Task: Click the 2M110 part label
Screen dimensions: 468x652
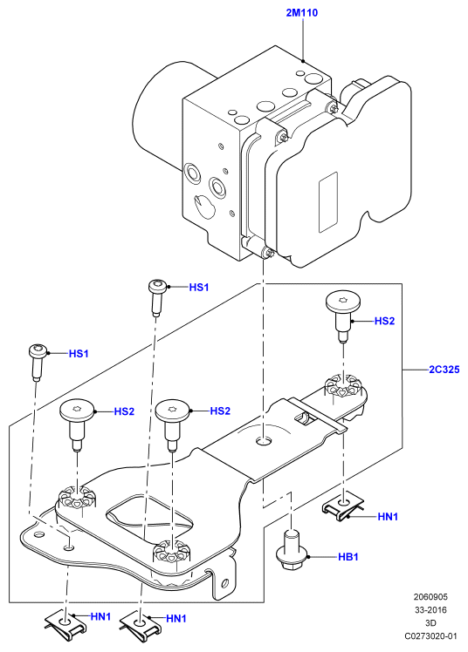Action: click(x=301, y=13)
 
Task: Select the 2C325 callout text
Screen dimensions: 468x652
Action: click(x=444, y=370)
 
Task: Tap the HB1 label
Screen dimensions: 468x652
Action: click(x=348, y=556)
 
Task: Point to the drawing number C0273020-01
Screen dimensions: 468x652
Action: click(x=430, y=636)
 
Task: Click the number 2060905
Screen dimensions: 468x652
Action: click(x=430, y=597)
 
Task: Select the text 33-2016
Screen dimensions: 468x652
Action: click(x=430, y=610)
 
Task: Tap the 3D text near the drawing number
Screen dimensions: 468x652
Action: click(x=430, y=623)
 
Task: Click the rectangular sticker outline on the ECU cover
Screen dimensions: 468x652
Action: click(x=327, y=202)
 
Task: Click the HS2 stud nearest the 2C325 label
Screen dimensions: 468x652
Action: click(x=342, y=315)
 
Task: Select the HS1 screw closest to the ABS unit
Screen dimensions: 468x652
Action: click(x=157, y=297)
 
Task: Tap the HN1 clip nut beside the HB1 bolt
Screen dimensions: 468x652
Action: click(x=343, y=508)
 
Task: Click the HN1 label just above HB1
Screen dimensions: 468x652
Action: click(x=388, y=516)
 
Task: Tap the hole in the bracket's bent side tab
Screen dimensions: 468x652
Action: click(x=225, y=582)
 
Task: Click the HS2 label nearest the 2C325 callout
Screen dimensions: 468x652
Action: click(x=384, y=321)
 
